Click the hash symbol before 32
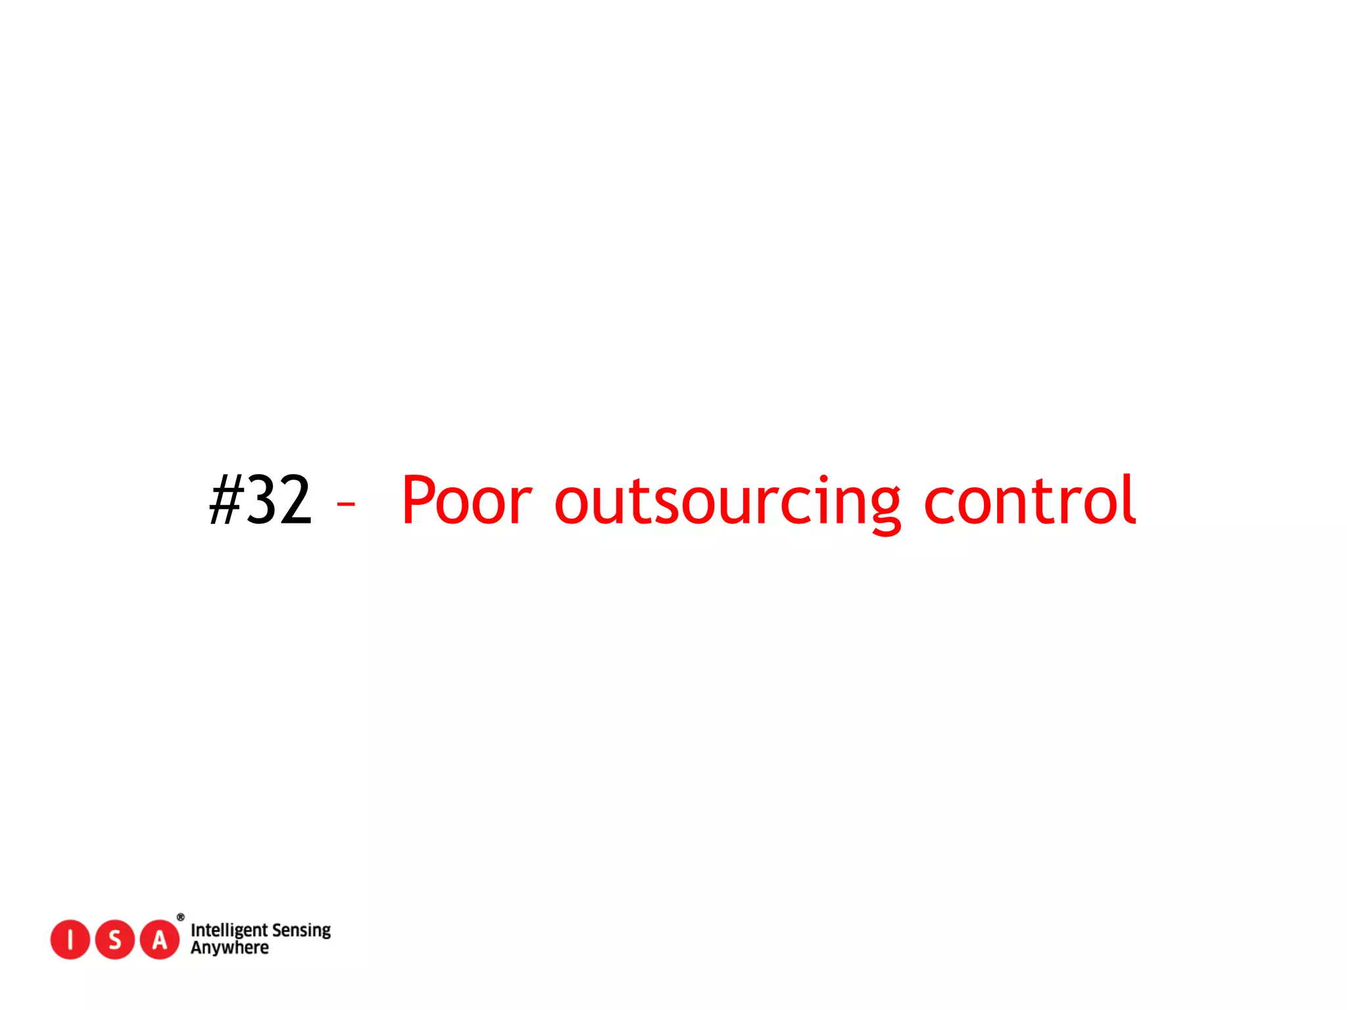pyautogui.click(x=226, y=500)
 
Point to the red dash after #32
pyautogui.click(x=346, y=504)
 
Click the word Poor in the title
pyautogui.click(x=466, y=500)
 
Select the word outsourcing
pyautogui.click(x=727, y=503)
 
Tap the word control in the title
pyautogui.click(x=1030, y=500)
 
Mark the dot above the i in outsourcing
pyautogui.click(x=824, y=479)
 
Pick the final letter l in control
pyautogui.click(x=1130, y=499)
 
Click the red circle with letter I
pyautogui.click(x=70, y=940)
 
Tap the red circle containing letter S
pyautogui.click(x=115, y=940)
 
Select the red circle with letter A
pyautogui.click(x=160, y=940)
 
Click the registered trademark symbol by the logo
pyautogui.click(x=180, y=917)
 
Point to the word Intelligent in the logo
pyautogui.click(x=228, y=930)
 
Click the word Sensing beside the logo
pyautogui.click(x=301, y=930)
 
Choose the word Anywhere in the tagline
pyautogui.click(x=230, y=948)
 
